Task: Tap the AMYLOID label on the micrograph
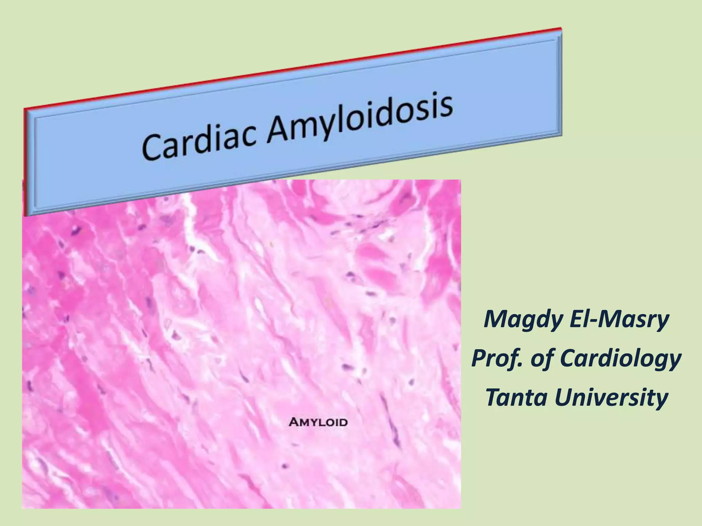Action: click(318, 422)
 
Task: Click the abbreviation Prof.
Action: click(495, 359)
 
